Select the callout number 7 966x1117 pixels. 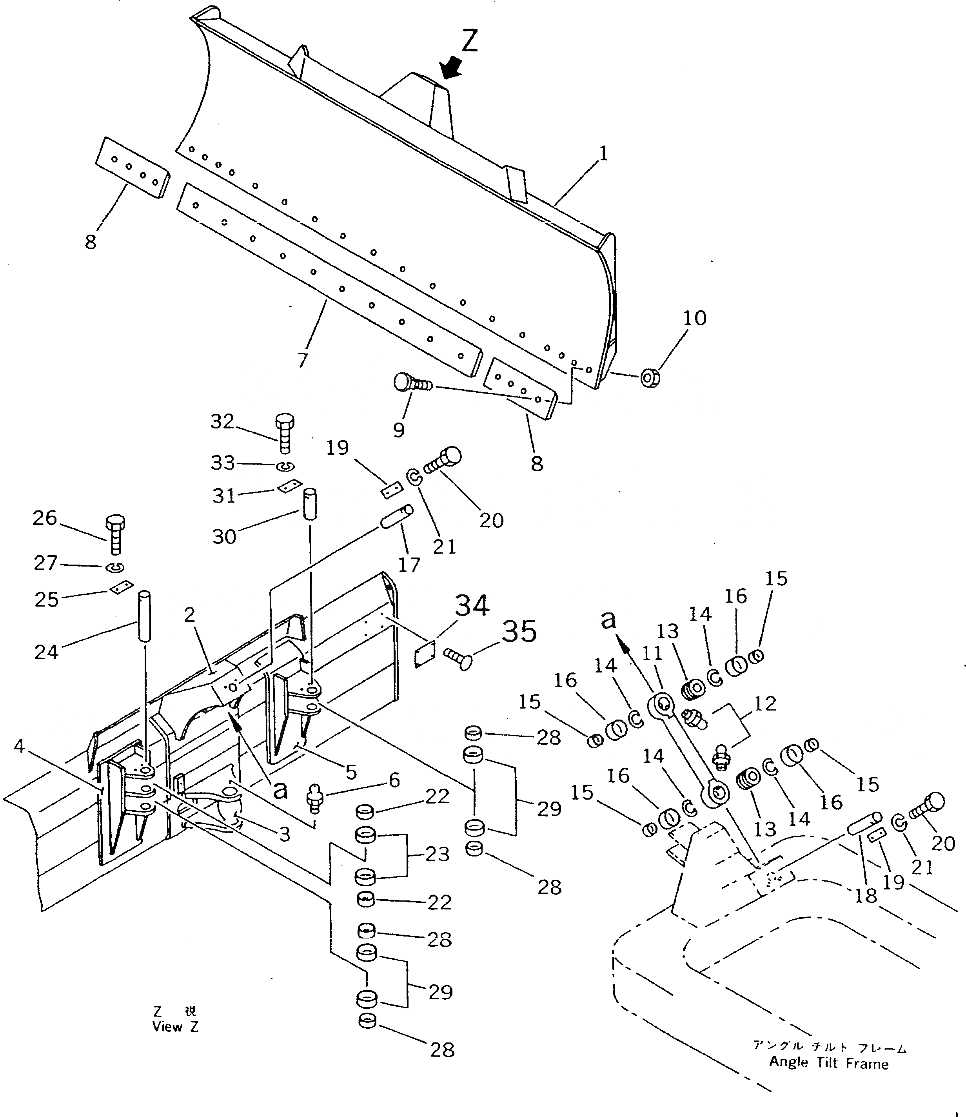coord(303,359)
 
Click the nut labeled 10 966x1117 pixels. coord(650,379)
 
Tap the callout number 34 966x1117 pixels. coord(472,606)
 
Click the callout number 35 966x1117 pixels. coord(520,630)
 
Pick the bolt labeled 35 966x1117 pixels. coord(459,658)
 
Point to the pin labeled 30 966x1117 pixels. coord(309,504)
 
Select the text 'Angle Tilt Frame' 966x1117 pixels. coord(828,1063)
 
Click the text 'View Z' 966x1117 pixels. coord(175,1026)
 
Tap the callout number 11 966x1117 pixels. coord(652,653)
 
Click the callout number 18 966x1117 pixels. coord(867,895)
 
